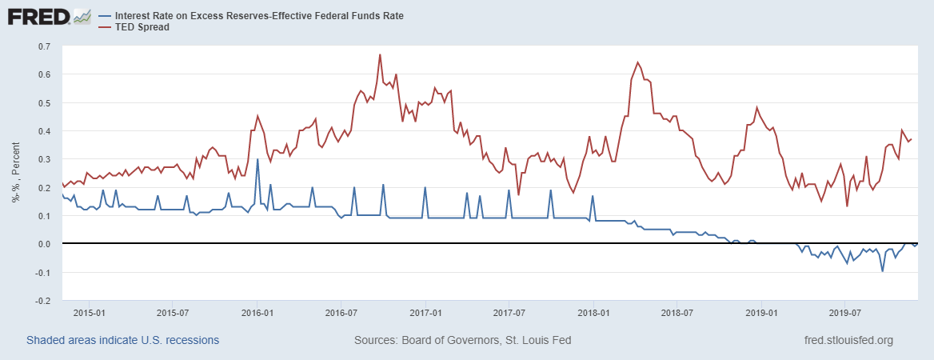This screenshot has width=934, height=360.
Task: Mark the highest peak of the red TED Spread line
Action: point(380,54)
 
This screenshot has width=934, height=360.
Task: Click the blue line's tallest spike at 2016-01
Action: point(257,159)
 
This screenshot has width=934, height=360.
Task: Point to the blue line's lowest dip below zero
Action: point(883,271)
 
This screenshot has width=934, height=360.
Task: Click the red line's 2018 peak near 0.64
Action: point(637,62)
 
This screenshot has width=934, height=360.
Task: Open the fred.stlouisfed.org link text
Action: point(848,340)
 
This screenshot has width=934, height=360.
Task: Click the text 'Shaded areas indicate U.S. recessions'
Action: point(122,340)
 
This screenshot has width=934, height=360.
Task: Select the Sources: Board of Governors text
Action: point(462,340)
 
